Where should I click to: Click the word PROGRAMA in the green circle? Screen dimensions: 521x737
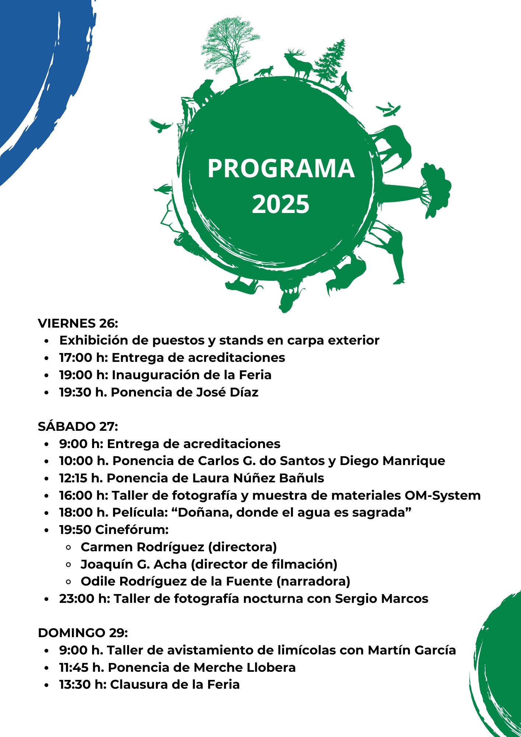[x=281, y=168]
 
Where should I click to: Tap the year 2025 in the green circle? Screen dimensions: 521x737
[x=281, y=204]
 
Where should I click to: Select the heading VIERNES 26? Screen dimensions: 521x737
[x=78, y=323]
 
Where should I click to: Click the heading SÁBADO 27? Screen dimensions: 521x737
[x=78, y=426]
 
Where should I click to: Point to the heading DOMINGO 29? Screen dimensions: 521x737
[x=83, y=633]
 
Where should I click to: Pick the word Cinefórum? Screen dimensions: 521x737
[x=132, y=530]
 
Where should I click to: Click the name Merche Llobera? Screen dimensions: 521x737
[x=245, y=667]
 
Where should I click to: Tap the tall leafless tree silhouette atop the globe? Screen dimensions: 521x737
[x=230, y=48]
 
